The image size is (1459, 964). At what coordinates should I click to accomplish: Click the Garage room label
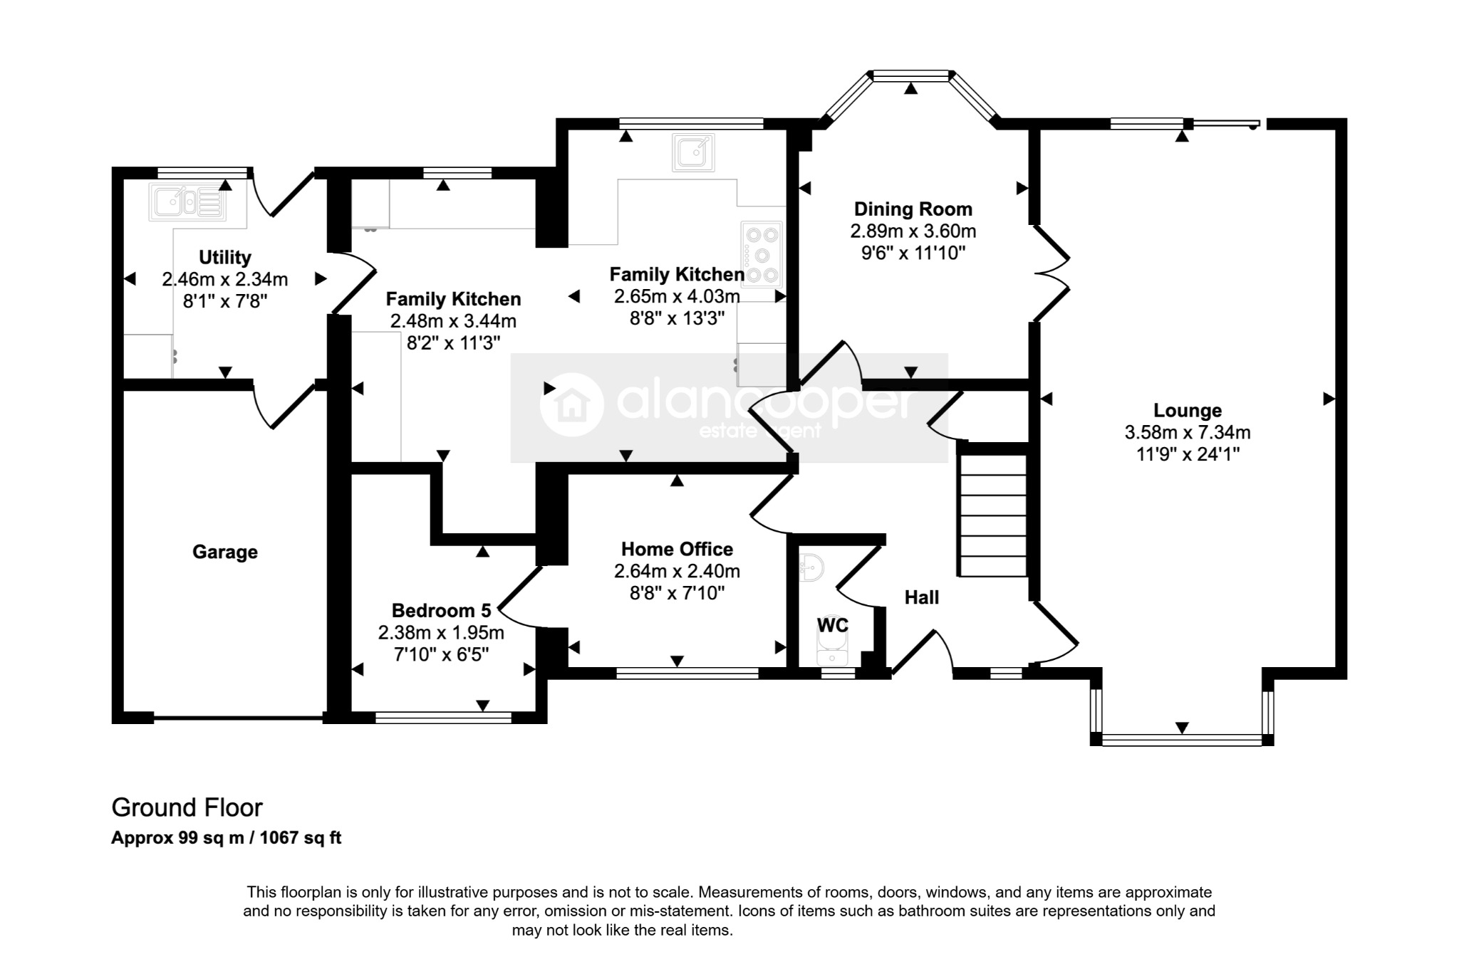click(225, 552)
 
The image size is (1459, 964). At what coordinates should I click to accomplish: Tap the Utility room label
click(225, 257)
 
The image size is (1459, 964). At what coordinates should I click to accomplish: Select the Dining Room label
click(913, 209)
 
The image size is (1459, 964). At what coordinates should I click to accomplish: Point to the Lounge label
click(1188, 411)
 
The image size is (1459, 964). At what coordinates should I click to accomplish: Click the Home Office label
click(677, 550)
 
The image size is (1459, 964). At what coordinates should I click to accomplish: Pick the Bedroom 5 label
click(442, 611)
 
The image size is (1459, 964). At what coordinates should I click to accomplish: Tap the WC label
click(833, 625)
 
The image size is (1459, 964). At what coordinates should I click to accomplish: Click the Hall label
click(922, 598)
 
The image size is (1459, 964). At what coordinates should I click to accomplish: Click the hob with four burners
click(762, 254)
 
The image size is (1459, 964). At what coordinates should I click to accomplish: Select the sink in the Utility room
click(187, 201)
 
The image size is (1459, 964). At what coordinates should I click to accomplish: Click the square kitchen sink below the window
click(692, 153)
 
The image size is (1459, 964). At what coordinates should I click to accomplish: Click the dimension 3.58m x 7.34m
click(1188, 432)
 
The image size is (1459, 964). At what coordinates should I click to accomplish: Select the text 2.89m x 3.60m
click(913, 231)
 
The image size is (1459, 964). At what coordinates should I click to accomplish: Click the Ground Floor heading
click(187, 807)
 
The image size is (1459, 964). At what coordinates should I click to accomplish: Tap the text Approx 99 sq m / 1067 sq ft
click(227, 838)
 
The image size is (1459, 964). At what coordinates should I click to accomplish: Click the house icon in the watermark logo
click(571, 404)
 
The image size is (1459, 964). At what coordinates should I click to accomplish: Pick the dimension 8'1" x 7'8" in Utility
click(225, 301)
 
